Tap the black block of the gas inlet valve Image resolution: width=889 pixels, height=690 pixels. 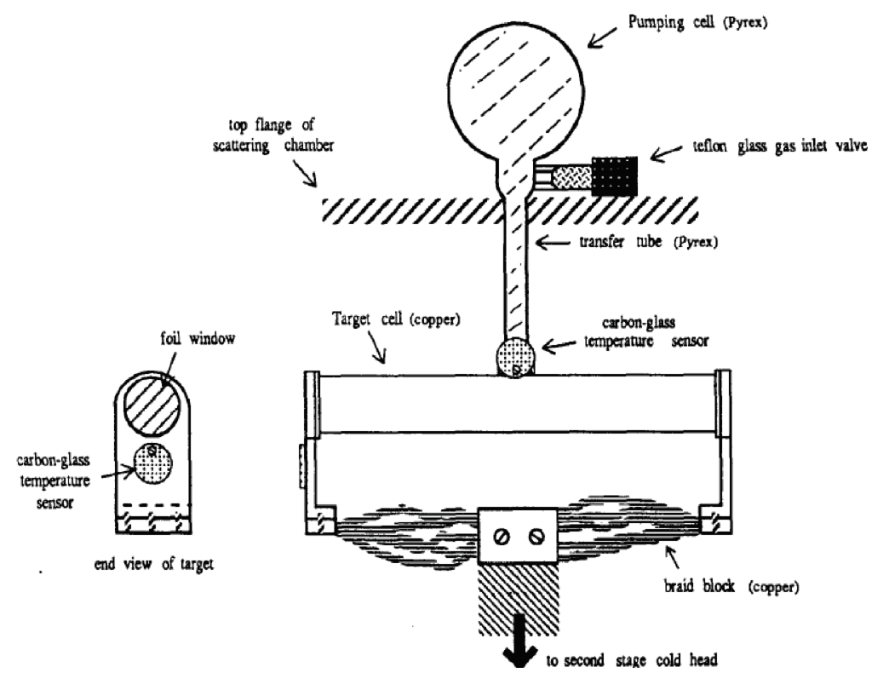coord(614,176)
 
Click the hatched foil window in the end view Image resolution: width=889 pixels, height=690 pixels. coord(150,407)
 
